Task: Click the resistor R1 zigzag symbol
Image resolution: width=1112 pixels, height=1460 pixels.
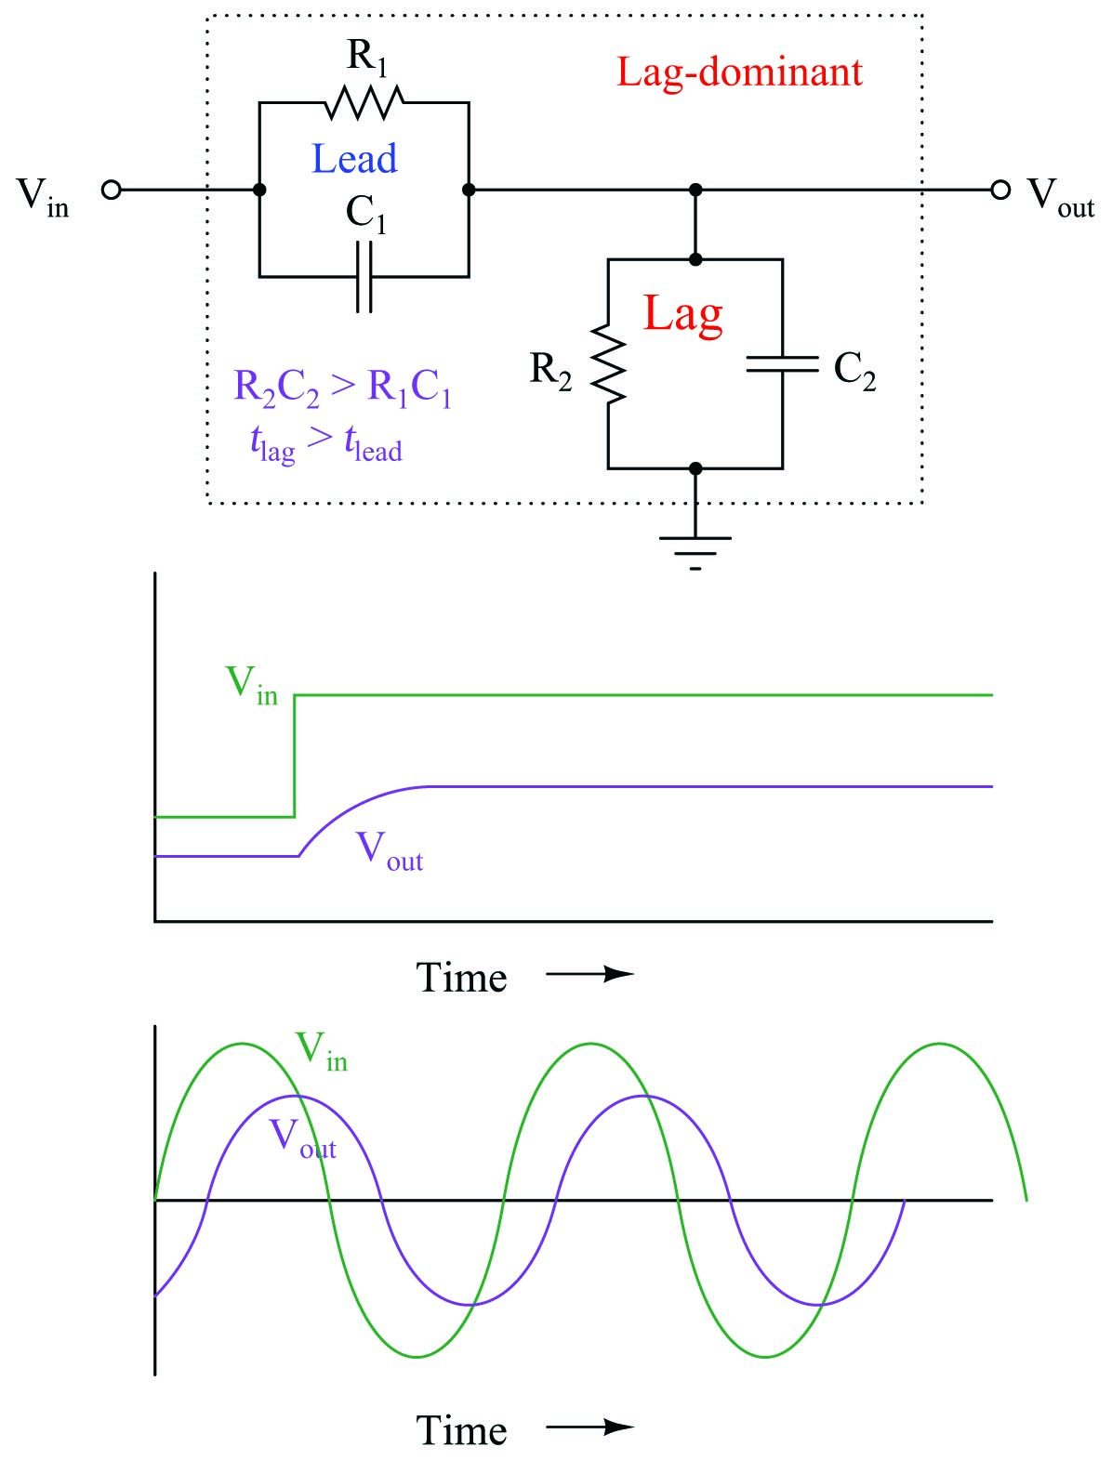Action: [x=364, y=102]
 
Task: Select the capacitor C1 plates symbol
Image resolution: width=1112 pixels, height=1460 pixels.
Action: [x=364, y=276]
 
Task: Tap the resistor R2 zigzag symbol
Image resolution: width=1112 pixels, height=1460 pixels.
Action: [x=608, y=363]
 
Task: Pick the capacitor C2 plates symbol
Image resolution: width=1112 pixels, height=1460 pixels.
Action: [x=783, y=363]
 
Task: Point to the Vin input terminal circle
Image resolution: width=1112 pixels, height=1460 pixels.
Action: [x=112, y=190]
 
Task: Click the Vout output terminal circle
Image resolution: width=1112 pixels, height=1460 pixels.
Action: [x=1000, y=190]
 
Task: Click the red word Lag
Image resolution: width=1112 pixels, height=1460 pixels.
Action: [x=682, y=315]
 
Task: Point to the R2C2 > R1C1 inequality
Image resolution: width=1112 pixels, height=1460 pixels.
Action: [x=343, y=388]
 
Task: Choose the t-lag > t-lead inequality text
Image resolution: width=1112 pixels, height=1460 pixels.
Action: [x=326, y=444]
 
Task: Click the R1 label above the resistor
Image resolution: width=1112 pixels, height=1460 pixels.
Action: [x=366, y=58]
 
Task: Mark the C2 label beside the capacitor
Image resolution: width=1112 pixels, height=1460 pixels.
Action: [x=854, y=371]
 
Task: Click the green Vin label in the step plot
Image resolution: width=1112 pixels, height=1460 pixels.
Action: [x=252, y=685]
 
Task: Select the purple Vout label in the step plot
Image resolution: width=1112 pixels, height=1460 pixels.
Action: [x=390, y=851]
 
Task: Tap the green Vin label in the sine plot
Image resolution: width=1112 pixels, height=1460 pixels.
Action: [x=322, y=1051]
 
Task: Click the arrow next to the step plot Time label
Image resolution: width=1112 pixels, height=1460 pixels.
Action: [x=590, y=975]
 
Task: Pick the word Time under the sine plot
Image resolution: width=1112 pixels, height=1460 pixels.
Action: [x=461, y=1431]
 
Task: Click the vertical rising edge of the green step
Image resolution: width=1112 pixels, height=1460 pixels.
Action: [x=294, y=756]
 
